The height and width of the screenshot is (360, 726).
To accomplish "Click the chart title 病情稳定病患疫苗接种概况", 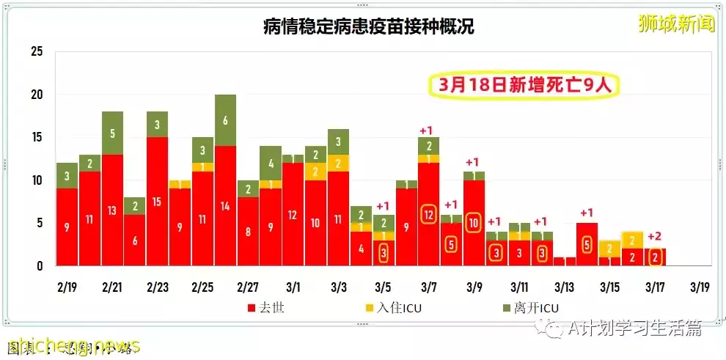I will point(368,28).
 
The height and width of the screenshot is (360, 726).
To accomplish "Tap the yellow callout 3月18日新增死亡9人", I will point(524,85).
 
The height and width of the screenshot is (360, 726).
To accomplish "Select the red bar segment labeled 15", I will point(158,201).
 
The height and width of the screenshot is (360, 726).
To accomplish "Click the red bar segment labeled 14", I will point(226,206).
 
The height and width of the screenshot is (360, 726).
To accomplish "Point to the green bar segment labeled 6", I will point(226,120).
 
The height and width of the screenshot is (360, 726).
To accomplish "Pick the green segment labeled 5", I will point(112,133).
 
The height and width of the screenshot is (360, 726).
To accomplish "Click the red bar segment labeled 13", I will point(112,210).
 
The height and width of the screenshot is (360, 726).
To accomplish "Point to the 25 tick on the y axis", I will point(37,52).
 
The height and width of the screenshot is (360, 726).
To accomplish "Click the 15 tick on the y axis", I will point(37,138).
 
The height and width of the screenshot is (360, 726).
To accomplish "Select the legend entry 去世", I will point(265,308).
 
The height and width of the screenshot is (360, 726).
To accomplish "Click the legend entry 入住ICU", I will point(396,308).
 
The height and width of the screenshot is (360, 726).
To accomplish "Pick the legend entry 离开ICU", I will point(532,308).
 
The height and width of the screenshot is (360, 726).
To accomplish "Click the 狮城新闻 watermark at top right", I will point(675,23).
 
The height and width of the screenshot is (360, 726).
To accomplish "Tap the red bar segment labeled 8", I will point(248,231).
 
